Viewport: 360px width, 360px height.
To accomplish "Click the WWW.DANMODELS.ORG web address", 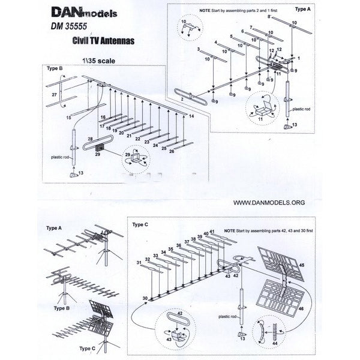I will (x=267, y=203).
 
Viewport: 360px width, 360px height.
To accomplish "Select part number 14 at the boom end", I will (x=191, y=115).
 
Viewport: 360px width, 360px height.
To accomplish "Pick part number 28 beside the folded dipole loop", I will (x=89, y=139).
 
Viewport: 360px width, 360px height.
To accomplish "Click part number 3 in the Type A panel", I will (x=198, y=52).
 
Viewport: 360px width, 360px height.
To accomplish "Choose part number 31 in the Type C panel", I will (x=139, y=263).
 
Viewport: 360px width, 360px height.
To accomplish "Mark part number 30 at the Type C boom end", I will (x=144, y=298).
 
